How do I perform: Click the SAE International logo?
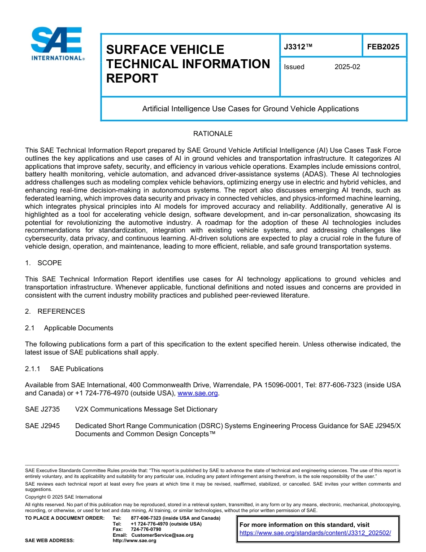point(57,44)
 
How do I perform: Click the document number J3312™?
point(296,47)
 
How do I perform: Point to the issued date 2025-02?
point(347,67)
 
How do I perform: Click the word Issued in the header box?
point(294,67)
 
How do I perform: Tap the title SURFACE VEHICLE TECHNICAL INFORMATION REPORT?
point(188,64)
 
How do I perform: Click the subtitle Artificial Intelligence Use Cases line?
point(250,109)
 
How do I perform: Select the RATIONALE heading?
point(213,134)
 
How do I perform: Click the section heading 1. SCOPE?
point(43,263)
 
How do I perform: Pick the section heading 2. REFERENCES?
point(55,311)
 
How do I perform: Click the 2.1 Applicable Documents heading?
point(69,328)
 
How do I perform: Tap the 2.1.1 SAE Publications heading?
point(64,369)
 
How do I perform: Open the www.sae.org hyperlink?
point(198,394)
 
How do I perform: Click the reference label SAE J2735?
point(42,409)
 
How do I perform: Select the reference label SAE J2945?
point(42,426)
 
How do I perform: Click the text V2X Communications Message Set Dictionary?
point(146,409)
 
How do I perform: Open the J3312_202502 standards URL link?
point(315,533)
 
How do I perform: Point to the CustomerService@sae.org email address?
point(162,535)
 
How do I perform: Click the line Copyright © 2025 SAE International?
point(64,497)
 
